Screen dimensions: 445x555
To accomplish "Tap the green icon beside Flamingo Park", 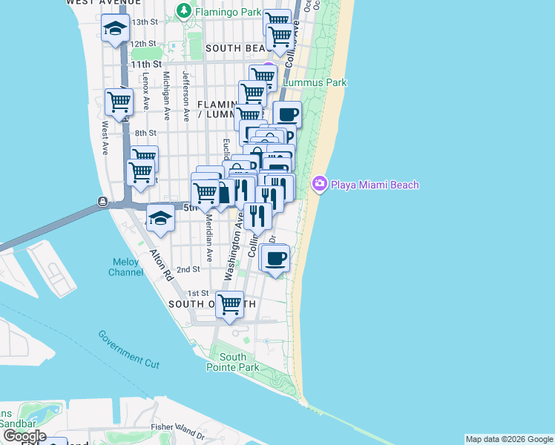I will [x=183, y=12].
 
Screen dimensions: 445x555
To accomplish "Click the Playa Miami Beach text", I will [x=375, y=185].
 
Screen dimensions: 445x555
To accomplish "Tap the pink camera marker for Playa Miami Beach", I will [x=320, y=184].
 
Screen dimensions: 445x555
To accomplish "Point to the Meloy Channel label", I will [x=127, y=267].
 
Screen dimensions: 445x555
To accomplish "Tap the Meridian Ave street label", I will [x=210, y=243].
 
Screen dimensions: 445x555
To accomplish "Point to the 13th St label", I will [x=145, y=22].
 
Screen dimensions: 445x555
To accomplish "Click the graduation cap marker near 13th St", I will [x=116, y=29].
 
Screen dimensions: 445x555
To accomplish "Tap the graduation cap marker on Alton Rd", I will [x=160, y=218].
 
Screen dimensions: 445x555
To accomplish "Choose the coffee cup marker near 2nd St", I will [x=276, y=258].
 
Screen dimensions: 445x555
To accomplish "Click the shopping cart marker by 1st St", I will [x=230, y=303].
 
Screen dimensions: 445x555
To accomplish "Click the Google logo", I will [x=24, y=436].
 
